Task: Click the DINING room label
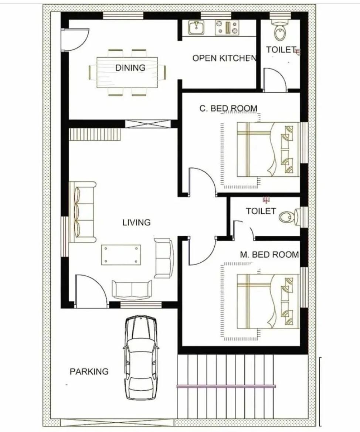click(x=130, y=68)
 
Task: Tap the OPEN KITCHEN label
click(x=224, y=58)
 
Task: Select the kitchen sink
click(x=197, y=28)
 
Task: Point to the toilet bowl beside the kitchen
click(x=280, y=30)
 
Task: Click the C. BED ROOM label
click(x=228, y=108)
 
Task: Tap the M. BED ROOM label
click(x=269, y=254)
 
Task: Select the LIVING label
click(x=136, y=222)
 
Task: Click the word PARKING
click(x=89, y=371)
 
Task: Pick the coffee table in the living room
click(x=121, y=255)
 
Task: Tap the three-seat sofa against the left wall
click(x=82, y=212)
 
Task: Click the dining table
click(x=127, y=72)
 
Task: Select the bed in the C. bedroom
click(x=268, y=149)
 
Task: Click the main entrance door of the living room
click(x=91, y=291)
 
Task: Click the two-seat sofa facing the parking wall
click(x=132, y=289)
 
